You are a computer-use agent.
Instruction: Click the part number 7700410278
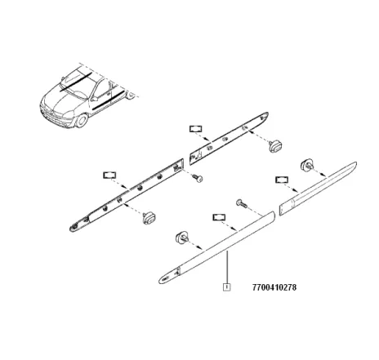point(274,287)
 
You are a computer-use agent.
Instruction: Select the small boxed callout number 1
point(226,287)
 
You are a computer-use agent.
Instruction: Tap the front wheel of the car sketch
point(81,121)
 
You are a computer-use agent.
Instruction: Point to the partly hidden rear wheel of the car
point(131,96)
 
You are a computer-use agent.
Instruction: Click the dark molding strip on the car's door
point(108,100)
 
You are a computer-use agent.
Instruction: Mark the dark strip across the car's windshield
point(76,81)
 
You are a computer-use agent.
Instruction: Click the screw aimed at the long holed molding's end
point(198,178)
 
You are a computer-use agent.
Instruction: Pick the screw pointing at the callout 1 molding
point(241,203)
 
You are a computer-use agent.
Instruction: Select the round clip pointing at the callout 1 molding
point(181,238)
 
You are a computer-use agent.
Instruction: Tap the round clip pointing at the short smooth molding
point(306,165)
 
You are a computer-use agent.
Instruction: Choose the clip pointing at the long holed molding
point(149,218)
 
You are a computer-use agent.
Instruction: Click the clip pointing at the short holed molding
point(275,146)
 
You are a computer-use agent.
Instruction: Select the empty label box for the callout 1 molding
point(219,217)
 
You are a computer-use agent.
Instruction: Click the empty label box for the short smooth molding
point(282,180)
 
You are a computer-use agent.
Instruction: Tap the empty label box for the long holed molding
point(109,176)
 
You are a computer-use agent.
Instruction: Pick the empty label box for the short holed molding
point(196,129)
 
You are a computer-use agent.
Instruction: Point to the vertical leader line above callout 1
point(227,267)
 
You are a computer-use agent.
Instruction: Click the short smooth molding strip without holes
point(318,189)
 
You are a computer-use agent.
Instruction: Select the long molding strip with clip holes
point(127,195)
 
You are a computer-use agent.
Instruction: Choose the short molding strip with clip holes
point(229,138)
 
